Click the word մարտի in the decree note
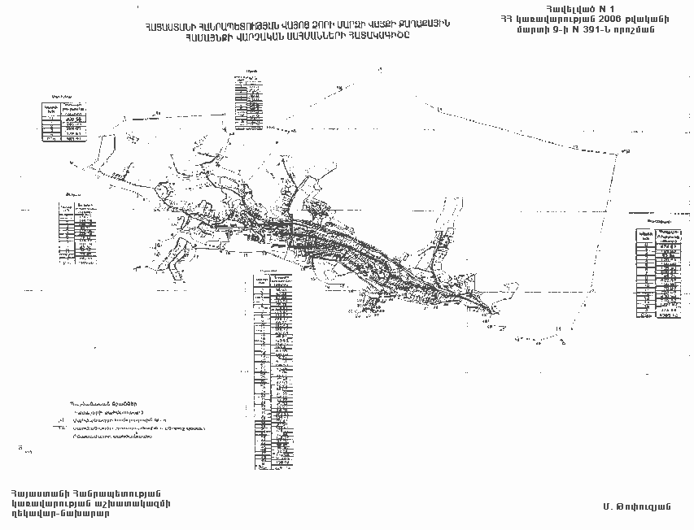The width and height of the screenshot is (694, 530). [544, 30]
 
